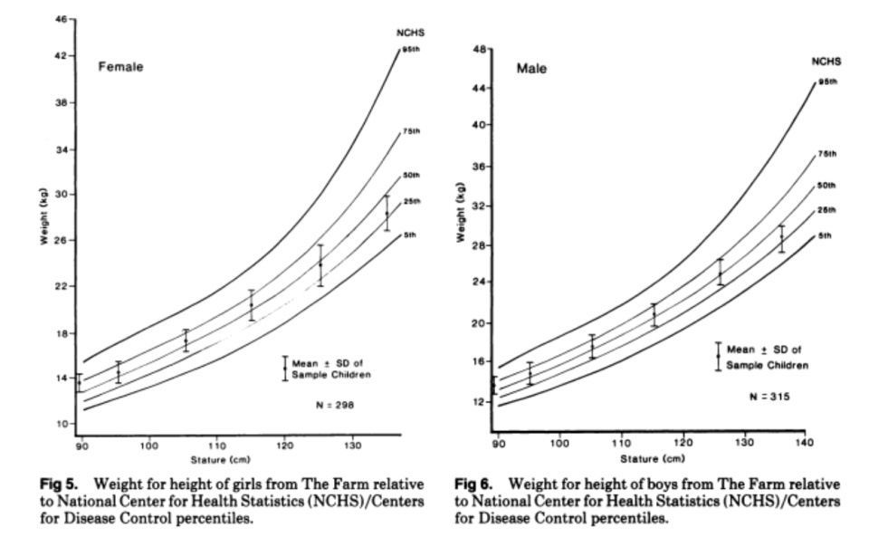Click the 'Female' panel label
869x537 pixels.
pyautogui.click(x=121, y=66)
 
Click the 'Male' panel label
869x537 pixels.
pyautogui.click(x=531, y=68)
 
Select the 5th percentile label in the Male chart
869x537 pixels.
pyautogui.click(x=826, y=235)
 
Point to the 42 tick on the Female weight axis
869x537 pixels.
pyautogui.click(x=62, y=56)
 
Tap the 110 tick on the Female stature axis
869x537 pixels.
pyautogui.click(x=216, y=444)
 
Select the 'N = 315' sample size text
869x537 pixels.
pyautogui.click(x=769, y=397)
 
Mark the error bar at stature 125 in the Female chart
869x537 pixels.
pyautogui.click(x=320, y=265)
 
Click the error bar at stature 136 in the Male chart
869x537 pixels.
pyautogui.click(x=781, y=238)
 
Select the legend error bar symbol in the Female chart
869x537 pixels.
pyautogui.click(x=285, y=368)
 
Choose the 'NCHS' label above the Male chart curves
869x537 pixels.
pyautogui.click(x=826, y=62)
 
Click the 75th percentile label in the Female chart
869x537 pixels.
pyautogui.click(x=411, y=131)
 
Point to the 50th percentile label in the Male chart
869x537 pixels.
pyautogui.click(x=826, y=186)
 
